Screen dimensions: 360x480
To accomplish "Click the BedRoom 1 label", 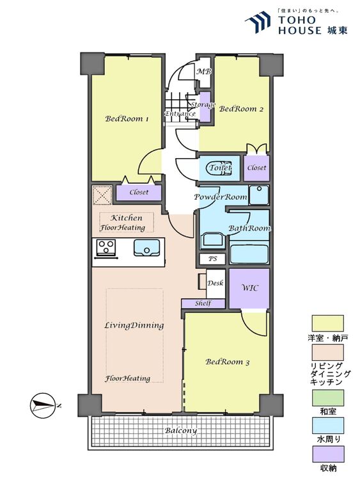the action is click(127, 119).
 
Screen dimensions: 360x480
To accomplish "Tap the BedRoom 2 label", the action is click(241, 109).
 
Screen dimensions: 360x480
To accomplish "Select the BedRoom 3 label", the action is click(228, 362).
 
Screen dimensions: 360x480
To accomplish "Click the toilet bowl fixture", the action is click(219, 168).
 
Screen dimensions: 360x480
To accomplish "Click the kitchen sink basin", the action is click(147, 248).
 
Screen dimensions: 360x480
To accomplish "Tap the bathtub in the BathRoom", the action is click(249, 254).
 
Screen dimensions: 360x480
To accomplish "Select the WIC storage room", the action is click(249, 289).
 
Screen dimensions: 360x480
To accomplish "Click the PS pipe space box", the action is click(212, 259).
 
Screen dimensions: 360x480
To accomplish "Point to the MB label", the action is click(204, 72).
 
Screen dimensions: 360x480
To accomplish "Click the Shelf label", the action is click(203, 303).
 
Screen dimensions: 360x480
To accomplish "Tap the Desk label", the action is click(215, 283).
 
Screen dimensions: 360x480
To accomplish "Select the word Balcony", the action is click(181, 431).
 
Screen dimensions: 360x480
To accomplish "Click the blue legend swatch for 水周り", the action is click(327, 426).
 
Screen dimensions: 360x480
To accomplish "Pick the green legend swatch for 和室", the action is click(327, 397).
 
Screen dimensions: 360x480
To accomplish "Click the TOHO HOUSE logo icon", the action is click(258, 22).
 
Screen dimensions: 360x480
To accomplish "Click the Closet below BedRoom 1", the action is click(139, 193).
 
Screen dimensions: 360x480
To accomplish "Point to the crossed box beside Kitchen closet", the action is click(102, 195).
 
